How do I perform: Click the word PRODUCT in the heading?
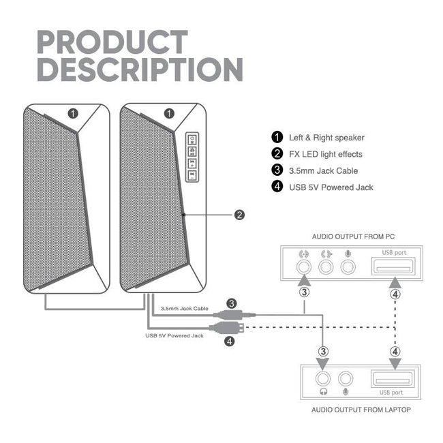112,42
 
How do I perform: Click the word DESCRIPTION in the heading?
140,70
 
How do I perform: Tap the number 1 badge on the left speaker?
73,114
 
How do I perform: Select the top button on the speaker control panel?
192,140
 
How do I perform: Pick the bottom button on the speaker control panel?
192,175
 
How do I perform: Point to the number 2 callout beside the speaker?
239,215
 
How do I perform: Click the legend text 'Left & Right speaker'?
326,138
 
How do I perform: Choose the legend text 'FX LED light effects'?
326,154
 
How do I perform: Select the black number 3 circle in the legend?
277,170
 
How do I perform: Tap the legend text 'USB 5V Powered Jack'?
331,187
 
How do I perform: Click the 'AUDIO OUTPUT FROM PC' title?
353,236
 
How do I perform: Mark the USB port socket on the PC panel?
393,266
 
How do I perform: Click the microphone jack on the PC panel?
348,266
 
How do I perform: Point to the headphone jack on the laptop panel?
323,378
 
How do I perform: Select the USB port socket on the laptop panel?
393,378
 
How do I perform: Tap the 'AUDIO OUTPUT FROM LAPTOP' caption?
361,410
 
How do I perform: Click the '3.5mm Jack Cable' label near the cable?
185,309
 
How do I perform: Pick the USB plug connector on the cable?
226,328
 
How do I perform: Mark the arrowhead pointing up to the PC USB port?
395,283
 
